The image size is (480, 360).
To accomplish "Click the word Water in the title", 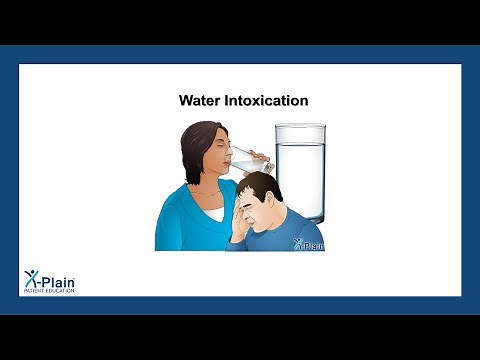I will pos(198,101).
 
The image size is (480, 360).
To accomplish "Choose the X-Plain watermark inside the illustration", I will pos(310,243).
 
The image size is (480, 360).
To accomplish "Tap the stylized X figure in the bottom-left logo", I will pos(32,280).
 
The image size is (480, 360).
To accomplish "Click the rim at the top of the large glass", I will pos(300,127).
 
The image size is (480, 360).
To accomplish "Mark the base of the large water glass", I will pos(300,218).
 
